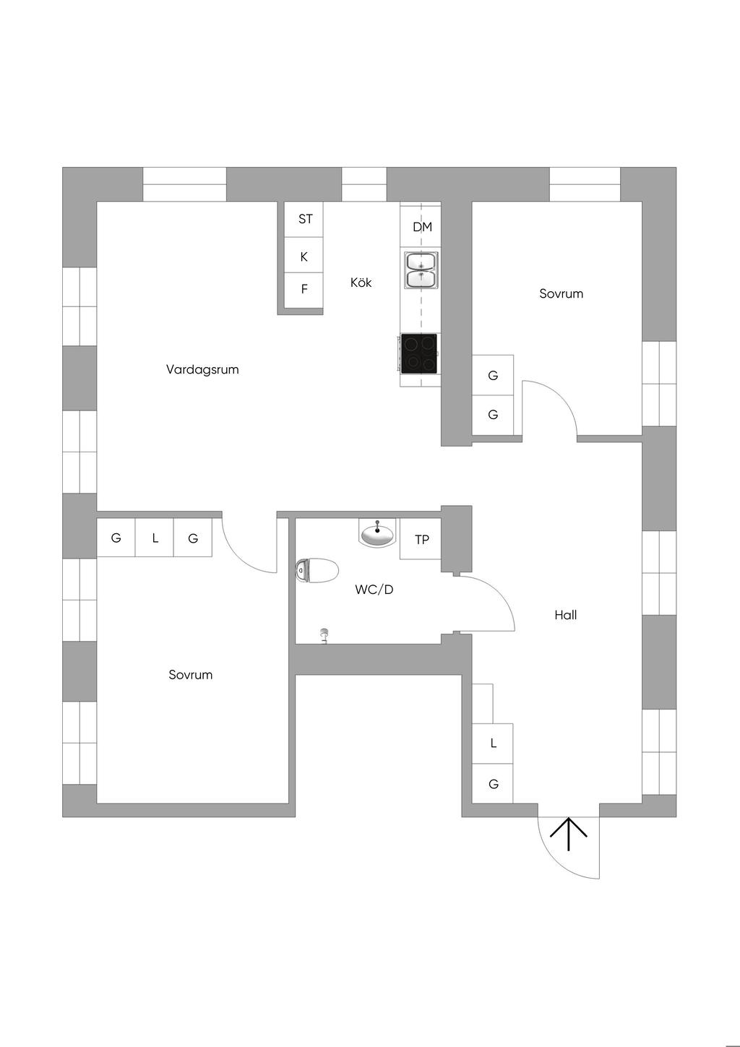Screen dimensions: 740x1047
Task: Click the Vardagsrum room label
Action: (x=202, y=369)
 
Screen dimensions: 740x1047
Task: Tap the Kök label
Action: (x=361, y=283)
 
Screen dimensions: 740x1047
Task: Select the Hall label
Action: (x=566, y=615)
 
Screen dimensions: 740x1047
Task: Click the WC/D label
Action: (x=374, y=590)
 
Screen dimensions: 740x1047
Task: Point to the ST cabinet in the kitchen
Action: (x=304, y=219)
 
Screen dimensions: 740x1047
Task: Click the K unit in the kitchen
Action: (x=304, y=255)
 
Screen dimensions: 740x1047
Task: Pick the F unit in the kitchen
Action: (x=304, y=290)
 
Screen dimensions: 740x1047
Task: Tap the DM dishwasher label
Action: (x=422, y=227)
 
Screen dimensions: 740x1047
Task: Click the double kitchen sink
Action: (x=421, y=270)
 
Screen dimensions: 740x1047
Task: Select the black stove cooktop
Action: (x=419, y=353)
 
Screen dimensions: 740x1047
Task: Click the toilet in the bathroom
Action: (x=317, y=570)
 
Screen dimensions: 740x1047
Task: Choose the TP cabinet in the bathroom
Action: (x=421, y=539)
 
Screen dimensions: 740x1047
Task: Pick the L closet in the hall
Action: (x=493, y=744)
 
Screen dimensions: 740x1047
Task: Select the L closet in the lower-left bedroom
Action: (x=154, y=538)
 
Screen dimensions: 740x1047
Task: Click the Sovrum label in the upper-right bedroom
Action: (x=561, y=293)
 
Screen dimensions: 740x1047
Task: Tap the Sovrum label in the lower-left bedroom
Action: (x=190, y=674)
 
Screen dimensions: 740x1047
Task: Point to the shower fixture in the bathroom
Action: (x=323, y=636)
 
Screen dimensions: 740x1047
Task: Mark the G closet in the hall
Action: (x=493, y=783)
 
